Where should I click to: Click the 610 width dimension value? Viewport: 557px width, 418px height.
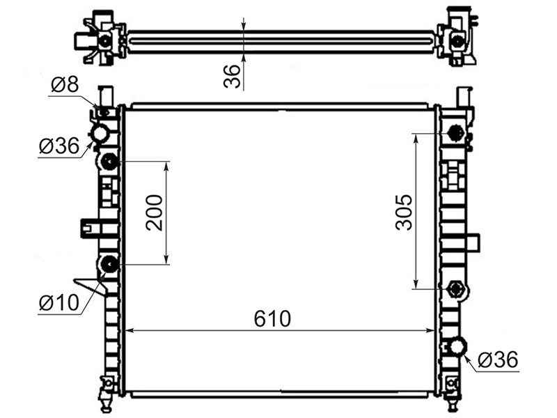click(x=272, y=318)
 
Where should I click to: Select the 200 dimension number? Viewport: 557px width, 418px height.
click(x=154, y=213)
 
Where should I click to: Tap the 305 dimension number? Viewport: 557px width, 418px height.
click(x=404, y=212)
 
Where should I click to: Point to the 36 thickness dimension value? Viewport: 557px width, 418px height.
click(x=232, y=76)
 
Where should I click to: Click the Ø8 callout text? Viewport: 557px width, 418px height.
click(x=65, y=84)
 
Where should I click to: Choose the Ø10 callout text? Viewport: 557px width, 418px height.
click(x=59, y=303)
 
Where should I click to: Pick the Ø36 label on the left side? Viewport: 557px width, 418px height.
click(x=59, y=146)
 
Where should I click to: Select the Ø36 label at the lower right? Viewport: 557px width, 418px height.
click(x=498, y=359)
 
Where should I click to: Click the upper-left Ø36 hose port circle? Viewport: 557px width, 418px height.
click(x=100, y=134)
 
